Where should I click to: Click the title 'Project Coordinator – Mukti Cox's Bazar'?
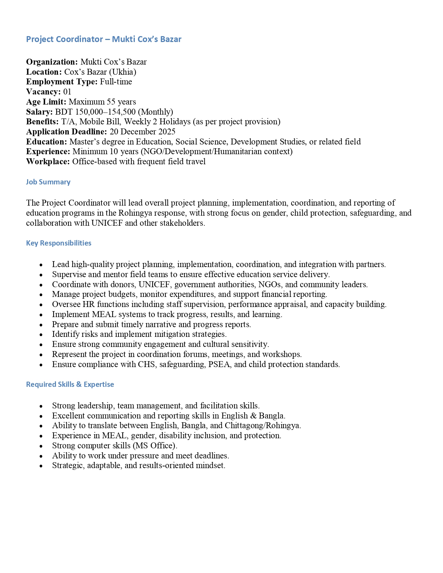(x=104, y=39)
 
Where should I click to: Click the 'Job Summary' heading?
(x=48, y=182)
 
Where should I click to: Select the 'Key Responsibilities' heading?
(x=59, y=243)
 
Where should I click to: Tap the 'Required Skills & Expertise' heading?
(x=70, y=384)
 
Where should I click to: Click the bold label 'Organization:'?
(x=52, y=62)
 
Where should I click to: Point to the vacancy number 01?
(x=67, y=92)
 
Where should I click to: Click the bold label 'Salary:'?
(x=39, y=112)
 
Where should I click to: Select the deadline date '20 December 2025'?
(x=142, y=132)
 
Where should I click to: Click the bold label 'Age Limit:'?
(x=46, y=102)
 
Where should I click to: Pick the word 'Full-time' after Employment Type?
(x=116, y=82)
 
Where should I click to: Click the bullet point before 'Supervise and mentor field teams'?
(x=41, y=275)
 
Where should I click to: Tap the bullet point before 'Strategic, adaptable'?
(x=41, y=466)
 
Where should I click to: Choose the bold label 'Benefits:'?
(x=42, y=122)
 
